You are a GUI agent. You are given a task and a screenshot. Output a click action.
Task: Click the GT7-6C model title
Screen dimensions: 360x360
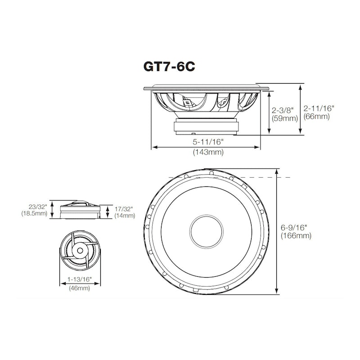[169, 67]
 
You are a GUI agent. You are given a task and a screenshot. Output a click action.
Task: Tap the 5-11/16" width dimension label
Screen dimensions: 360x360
[208, 142]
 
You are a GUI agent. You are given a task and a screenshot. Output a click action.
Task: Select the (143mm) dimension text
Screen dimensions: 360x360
[208, 152]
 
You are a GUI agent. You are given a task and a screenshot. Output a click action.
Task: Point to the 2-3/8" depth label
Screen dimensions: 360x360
[283, 110]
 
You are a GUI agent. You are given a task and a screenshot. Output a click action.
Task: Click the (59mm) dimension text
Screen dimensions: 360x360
[285, 118]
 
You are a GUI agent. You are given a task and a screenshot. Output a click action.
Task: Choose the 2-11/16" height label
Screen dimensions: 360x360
[319, 108]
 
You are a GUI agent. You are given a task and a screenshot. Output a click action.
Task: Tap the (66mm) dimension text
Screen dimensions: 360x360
[317, 117]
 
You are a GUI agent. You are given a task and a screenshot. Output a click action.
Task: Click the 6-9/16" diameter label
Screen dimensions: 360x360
[294, 228]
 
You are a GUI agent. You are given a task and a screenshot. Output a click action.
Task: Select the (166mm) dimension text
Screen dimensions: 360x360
[296, 236]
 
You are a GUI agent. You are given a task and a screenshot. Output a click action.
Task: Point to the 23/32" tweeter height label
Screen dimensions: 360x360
[38, 207]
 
